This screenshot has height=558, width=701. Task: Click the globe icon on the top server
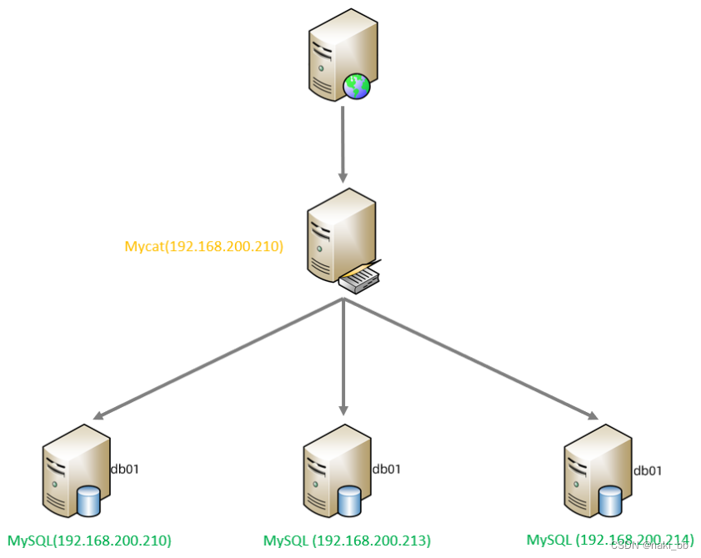coord(356,86)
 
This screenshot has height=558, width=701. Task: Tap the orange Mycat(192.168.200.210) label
coord(204,247)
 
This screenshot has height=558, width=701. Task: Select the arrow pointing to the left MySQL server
coord(217,359)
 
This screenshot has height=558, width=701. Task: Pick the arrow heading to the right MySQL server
coord(471,359)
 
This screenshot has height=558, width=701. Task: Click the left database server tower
coord(70,467)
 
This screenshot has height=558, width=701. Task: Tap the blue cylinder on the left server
coord(88,501)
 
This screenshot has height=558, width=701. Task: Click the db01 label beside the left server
coord(125,469)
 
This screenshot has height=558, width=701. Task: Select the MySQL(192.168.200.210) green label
coord(89,540)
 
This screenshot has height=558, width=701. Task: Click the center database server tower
coord(330,467)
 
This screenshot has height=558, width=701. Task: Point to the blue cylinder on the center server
coord(349,501)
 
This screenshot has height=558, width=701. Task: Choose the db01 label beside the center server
coord(387,469)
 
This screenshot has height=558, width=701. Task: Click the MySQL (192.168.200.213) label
coord(347,540)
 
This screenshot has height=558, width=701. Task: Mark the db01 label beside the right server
coord(648,470)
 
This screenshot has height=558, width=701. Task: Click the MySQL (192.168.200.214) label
coord(609,540)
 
